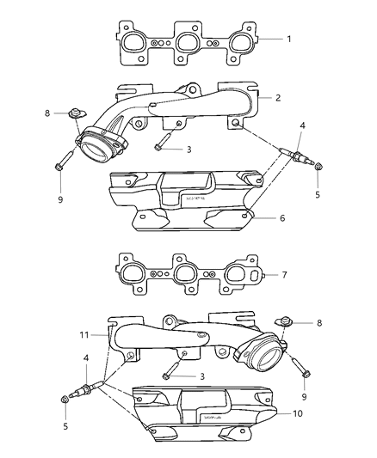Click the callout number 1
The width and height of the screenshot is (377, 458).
coord(289,40)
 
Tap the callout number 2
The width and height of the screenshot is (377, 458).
coord(278,98)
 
